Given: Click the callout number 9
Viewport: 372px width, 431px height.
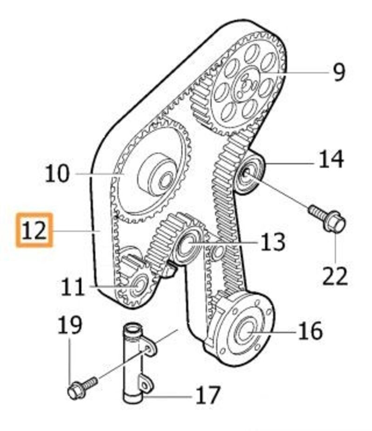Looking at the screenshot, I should pos(339,72).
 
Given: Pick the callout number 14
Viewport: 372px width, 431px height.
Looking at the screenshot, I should pos(331,159).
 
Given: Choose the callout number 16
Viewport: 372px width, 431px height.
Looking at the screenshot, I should pos(310,331).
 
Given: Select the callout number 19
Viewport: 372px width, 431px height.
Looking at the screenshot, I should pos(70,325).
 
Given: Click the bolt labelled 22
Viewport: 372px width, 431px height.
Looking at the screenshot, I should pos(328,219).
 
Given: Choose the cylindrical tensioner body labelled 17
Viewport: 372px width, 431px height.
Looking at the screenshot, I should pos(131,363).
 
